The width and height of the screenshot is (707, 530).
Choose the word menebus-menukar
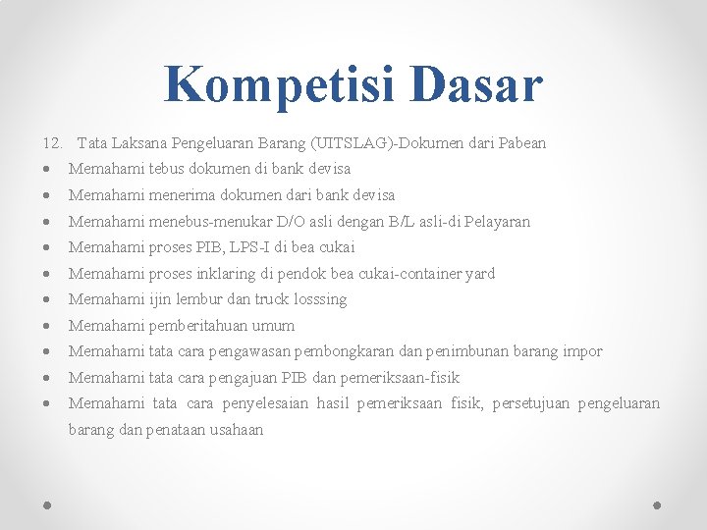[206, 222]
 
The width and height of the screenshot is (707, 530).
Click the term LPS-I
[250, 247]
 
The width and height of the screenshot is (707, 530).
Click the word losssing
[319, 299]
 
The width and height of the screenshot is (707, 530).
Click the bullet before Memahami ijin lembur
[49, 300]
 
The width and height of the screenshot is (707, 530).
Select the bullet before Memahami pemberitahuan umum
[49, 326]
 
